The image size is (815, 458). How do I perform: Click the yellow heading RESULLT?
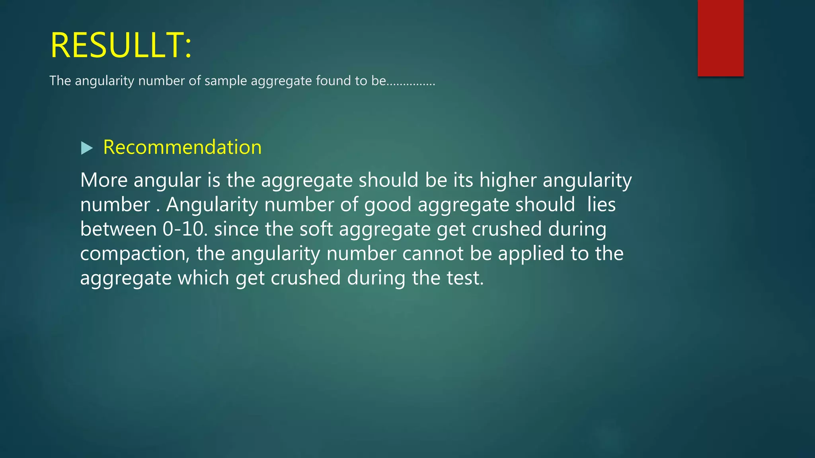coord(121,45)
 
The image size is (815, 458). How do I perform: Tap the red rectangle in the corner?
coord(720,38)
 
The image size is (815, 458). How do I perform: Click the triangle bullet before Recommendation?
coord(86,148)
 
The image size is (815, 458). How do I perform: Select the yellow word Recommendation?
coord(182,147)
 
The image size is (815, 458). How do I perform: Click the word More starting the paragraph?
coord(104,180)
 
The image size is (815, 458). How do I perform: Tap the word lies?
coord(601,205)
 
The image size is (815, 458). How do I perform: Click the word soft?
coord(316,229)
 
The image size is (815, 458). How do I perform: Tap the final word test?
coord(464,278)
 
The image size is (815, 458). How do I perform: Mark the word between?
coord(118,229)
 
